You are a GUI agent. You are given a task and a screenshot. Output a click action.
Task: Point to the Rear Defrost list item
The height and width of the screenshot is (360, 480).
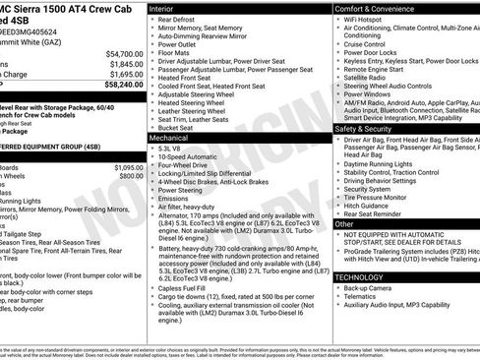(x=182, y=20)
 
